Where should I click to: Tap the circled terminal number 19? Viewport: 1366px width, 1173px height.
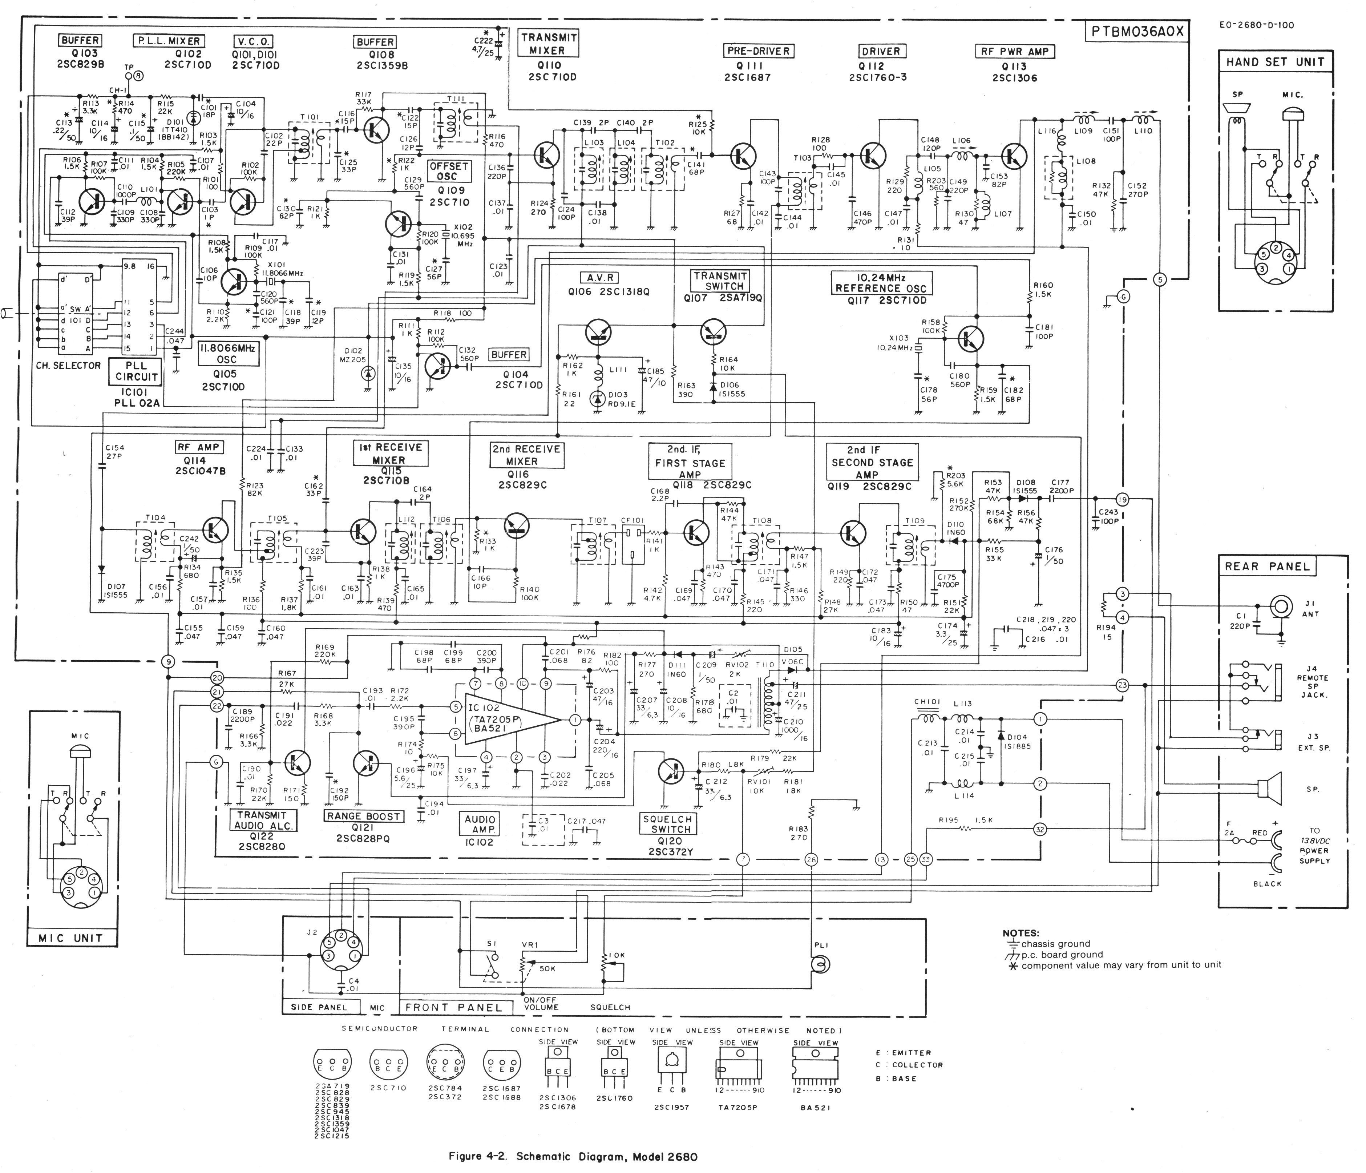(1122, 499)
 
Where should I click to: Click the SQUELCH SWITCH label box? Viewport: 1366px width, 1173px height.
(667, 824)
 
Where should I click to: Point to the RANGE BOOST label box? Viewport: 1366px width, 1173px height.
(363, 816)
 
